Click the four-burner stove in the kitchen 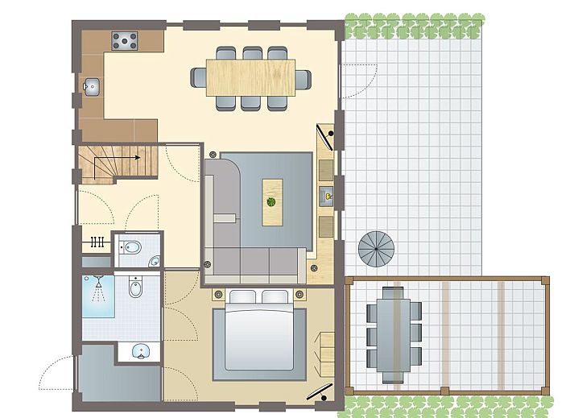tap(124, 39)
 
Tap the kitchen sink tap(90, 85)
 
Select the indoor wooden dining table tap(250, 77)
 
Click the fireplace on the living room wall tap(328, 195)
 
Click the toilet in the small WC tap(132, 248)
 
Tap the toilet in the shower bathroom tap(135, 288)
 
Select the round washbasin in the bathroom tap(142, 351)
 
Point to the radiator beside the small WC tap(97, 240)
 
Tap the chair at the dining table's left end tap(198, 77)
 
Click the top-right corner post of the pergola tap(547, 279)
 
